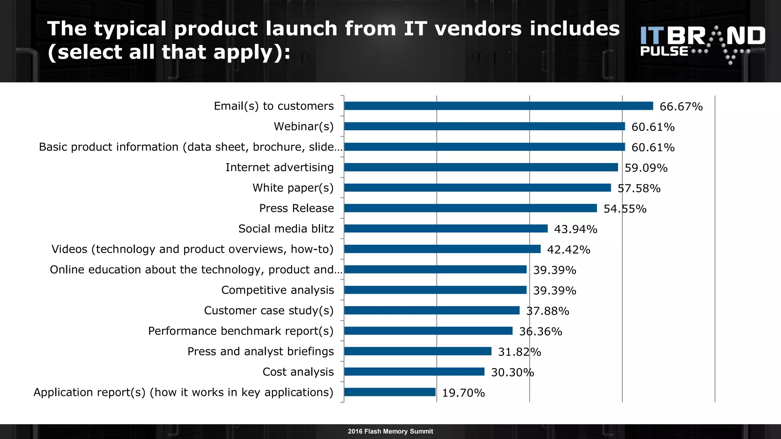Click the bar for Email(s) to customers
click(498, 106)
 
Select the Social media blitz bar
click(445, 229)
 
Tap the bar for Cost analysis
click(414, 372)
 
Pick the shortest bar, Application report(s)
click(389, 392)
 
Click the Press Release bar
click(470, 208)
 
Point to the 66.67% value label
click(681, 107)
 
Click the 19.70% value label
click(463, 393)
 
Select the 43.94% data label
click(575, 229)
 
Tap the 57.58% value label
click(639, 189)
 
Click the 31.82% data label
click(519, 352)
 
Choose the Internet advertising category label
click(279, 167)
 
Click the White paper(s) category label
click(293, 188)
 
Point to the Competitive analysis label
click(277, 290)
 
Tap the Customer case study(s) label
click(268, 311)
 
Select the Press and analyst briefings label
click(260, 351)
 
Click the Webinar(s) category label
click(304, 127)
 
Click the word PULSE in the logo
click(664, 51)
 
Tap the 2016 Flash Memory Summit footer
click(390, 431)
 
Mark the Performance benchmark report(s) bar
click(428, 331)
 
